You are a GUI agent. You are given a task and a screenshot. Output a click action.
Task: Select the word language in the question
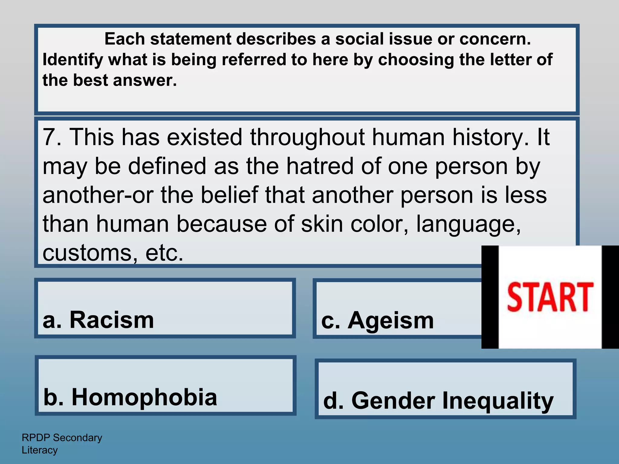pyautogui.click(x=468, y=224)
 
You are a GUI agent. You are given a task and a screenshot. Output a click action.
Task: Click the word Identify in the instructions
pyautogui.click(x=73, y=60)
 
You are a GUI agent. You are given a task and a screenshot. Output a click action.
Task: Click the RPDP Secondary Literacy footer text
pyautogui.click(x=62, y=443)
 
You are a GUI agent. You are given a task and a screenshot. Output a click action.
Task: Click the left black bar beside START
pyautogui.click(x=490, y=297)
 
